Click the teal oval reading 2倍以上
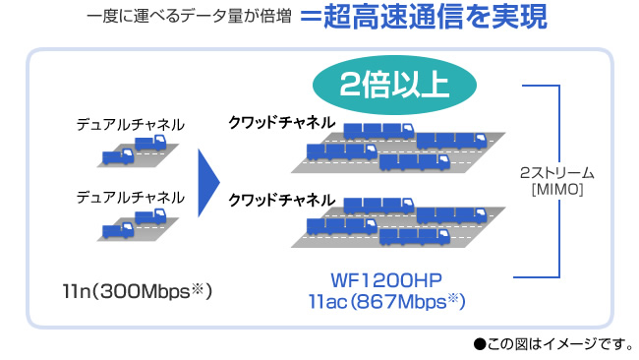tap(394, 85)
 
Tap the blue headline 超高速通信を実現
tap(436, 17)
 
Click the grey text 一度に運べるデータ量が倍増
tap(189, 17)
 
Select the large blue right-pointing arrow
tap(208, 183)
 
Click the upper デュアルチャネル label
tap(131, 124)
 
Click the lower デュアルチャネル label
tap(131, 198)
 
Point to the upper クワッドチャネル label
tap(281, 122)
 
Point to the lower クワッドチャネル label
tap(281, 200)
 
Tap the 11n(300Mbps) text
tap(137, 291)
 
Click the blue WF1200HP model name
tap(386, 280)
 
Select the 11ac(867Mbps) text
tap(386, 302)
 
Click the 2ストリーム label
tap(557, 173)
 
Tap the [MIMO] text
tap(557, 189)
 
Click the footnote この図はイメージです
tap(558, 344)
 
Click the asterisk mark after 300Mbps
tap(198, 288)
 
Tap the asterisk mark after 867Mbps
tap(453, 298)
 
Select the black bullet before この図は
tap(480, 344)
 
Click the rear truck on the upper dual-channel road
tap(150, 143)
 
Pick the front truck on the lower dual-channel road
tap(118, 230)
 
